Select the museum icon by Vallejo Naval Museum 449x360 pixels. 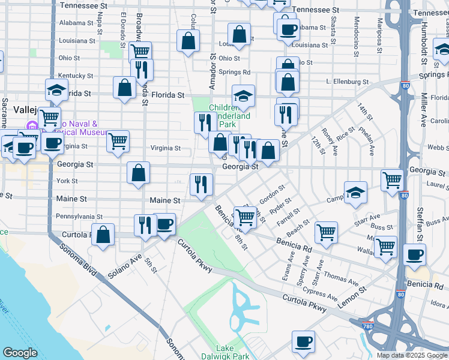30,127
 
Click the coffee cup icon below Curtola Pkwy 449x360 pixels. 303,342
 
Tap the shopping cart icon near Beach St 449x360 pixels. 326,232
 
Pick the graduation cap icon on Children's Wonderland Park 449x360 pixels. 243,95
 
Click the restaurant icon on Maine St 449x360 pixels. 201,184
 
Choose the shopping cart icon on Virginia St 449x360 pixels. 118,142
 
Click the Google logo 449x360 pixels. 20,353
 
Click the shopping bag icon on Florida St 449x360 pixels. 125,88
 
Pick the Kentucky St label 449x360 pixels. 76,76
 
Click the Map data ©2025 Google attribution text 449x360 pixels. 411,355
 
